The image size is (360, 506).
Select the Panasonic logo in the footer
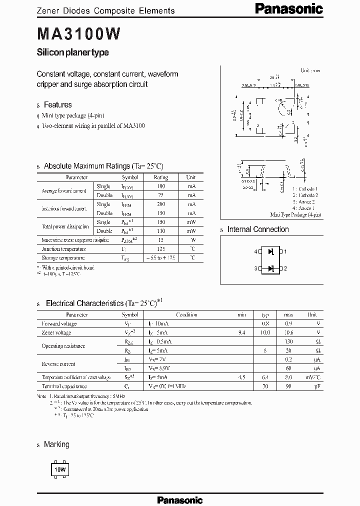179,499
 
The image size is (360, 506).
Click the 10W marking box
60,470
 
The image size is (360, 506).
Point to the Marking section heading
56,444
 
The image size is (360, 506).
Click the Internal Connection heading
258,229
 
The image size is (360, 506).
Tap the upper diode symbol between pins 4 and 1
271,252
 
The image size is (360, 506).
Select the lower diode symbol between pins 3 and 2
271,268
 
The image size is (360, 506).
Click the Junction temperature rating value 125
160,249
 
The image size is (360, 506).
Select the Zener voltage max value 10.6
288,332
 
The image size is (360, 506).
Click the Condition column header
186,315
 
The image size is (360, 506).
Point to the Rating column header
160,177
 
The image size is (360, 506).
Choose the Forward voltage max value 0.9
288,323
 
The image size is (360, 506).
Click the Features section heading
57,105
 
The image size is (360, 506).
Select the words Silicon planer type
73,52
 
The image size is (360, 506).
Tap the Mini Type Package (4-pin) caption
295,214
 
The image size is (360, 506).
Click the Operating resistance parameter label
63,346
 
